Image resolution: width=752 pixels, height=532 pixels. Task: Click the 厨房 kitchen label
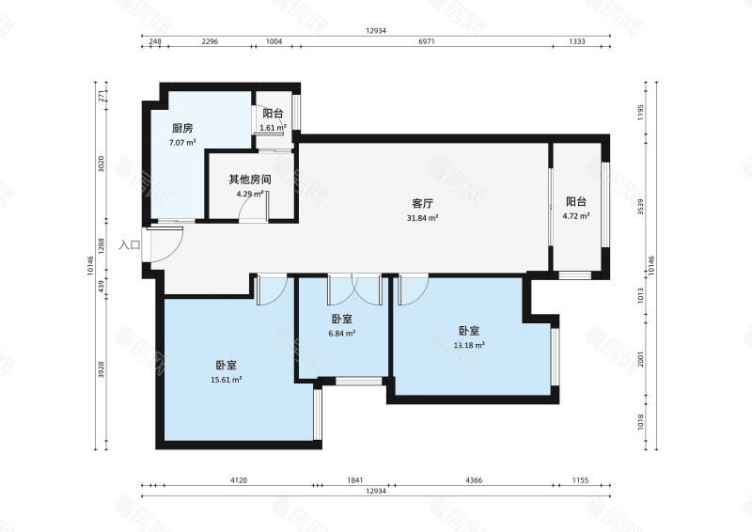182,128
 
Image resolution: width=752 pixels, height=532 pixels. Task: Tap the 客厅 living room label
422,203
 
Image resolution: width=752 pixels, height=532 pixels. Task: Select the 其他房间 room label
250,180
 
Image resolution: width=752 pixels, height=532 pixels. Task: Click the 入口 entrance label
130,245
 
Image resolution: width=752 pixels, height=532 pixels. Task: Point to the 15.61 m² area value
227,380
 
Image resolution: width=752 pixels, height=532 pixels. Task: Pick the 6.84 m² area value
342,333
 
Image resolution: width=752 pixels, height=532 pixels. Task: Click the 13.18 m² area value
469,345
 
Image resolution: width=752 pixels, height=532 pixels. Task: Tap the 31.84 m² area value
422,218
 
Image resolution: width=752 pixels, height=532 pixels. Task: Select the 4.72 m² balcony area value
576,216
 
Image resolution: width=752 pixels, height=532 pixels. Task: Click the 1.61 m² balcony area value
273,128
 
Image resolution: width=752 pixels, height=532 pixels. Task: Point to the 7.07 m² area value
182,143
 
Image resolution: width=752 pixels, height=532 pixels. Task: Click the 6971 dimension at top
427,41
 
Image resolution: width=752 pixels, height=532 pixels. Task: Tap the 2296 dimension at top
210,41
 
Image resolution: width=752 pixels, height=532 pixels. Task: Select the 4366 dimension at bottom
474,479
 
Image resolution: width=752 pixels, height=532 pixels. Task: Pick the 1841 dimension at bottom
355,479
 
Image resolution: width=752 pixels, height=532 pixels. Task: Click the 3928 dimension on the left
101,369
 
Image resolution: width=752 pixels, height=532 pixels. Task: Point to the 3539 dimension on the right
641,207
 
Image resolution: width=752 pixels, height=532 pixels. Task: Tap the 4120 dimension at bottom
239,479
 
